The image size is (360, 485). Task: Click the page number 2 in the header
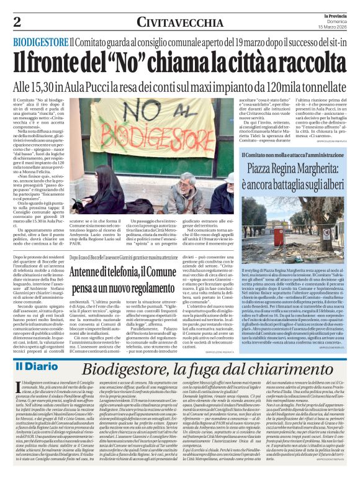[x=17, y=21]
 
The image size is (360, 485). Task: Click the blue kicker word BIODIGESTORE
[x=41, y=42]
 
